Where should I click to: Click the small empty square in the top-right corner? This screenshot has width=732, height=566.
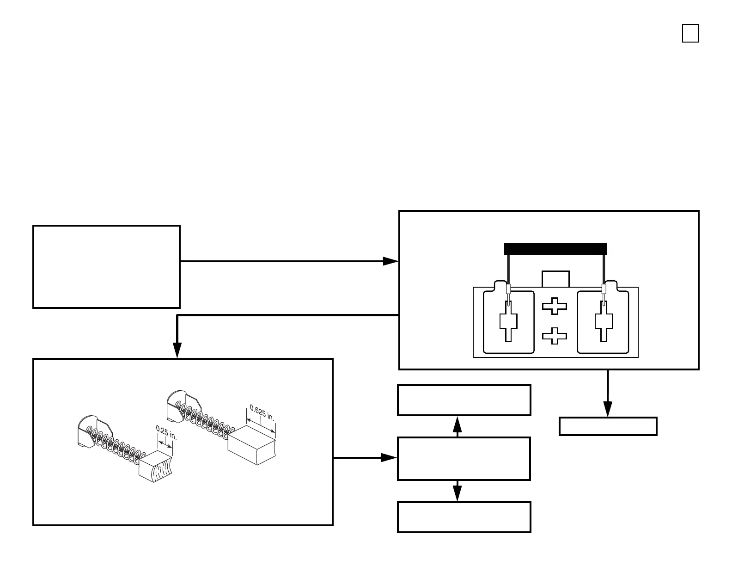pyautogui.click(x=690, y=34)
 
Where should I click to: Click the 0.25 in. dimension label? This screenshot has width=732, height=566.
pyautogui.click(x=166, y=433)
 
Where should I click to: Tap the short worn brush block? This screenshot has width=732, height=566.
pyautogui.click(x=155, y=468)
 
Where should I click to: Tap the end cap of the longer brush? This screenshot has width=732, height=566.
pyautogui.click(x=177, y=405)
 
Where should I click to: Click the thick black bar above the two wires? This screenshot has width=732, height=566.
pyautogui.click(x=555, y=249)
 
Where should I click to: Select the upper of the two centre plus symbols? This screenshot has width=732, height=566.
pyautogui.click(x=554, y=307)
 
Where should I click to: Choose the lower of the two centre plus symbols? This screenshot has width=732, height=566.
pyautogui.click(x=554, y=336)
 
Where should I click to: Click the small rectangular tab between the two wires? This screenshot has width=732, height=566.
pyautogui.click(x=555, y=279)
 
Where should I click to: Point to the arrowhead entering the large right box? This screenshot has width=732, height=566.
pyautogui.click(x=391, y=261)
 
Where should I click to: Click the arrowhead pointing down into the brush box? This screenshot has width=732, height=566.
pyautogui.click(x=177, y=350)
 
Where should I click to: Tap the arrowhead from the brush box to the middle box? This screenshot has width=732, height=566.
pyautogui.click(x=389, y=458)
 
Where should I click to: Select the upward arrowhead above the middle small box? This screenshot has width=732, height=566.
pyautogui.click(x=457, y=424)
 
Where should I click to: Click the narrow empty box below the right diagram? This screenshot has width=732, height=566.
pyautogui.click(x=608, y=426)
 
